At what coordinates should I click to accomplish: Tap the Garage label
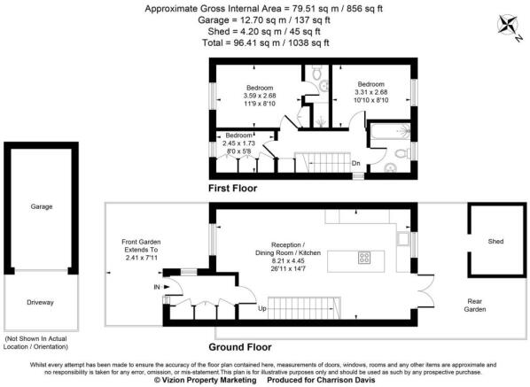pyautogui.click(x=42, y=205)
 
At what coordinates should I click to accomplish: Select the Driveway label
pyautogui.click(x=41, y=302)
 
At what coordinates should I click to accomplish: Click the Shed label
pyautogui.click(x=495, y=240)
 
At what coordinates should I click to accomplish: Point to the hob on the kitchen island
pyautogui.click(x=363, y=259)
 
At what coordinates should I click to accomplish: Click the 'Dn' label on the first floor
pyautogui.click(x=355, y=163)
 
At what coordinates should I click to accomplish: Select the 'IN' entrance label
pyautogui.click(x=157, y=288)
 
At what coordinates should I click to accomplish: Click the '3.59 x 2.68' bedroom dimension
pyautogui.click(x=261, y=96)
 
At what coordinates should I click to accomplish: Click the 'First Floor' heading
pyautogui.click(x=233, y=189)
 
